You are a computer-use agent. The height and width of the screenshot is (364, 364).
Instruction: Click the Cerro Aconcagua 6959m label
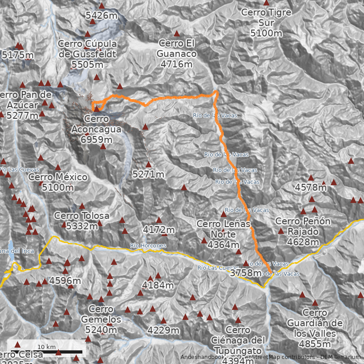point(96,129)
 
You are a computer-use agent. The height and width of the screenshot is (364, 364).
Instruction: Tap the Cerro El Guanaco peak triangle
point(177,33)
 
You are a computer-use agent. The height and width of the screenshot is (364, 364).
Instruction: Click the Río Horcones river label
point(148,246)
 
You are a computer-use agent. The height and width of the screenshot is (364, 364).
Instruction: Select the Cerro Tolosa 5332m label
point(81,220)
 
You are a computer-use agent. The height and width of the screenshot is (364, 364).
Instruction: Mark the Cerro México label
point(58,182)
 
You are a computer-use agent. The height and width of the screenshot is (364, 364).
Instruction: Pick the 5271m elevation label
point(148,174)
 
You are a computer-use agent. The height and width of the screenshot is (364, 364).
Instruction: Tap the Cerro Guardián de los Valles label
point(314,328)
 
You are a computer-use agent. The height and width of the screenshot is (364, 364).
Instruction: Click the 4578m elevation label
point(311,187)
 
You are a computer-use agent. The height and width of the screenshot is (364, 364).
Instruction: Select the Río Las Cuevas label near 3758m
point(218,268)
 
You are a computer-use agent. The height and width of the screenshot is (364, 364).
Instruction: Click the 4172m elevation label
point(158,230)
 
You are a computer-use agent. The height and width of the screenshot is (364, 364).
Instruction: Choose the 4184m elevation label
point(158,285)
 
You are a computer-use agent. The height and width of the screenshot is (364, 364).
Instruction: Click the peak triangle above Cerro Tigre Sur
point(266,3)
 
